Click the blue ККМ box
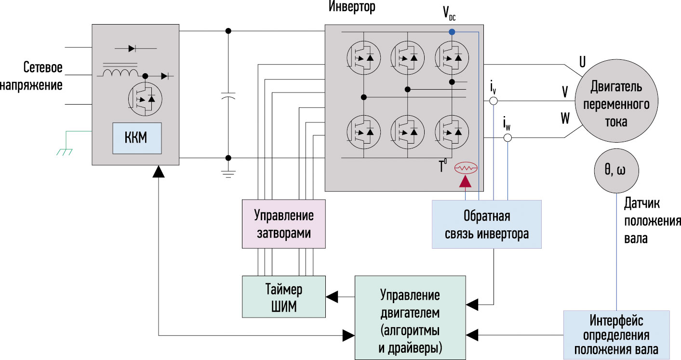pos(137,138)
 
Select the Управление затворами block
pos(284,224)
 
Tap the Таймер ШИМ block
pos(284,297)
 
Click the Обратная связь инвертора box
pos(486,225)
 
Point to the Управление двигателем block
pos(410,318)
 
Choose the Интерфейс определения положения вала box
pos(616,335)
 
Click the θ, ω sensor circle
pos(616,171)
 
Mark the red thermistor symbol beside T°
pos(466,168)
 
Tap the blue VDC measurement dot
pos(452,32)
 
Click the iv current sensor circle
pos(494,101)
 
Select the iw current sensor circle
pos(507,138)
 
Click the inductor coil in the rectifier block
pos(120,73)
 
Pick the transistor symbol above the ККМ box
pos(145,99)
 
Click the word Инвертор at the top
pos(352,7)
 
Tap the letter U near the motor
pos(582,62)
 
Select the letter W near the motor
pos(565,118)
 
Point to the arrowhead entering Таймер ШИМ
pos(332,296)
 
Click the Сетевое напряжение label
pos(31,76)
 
